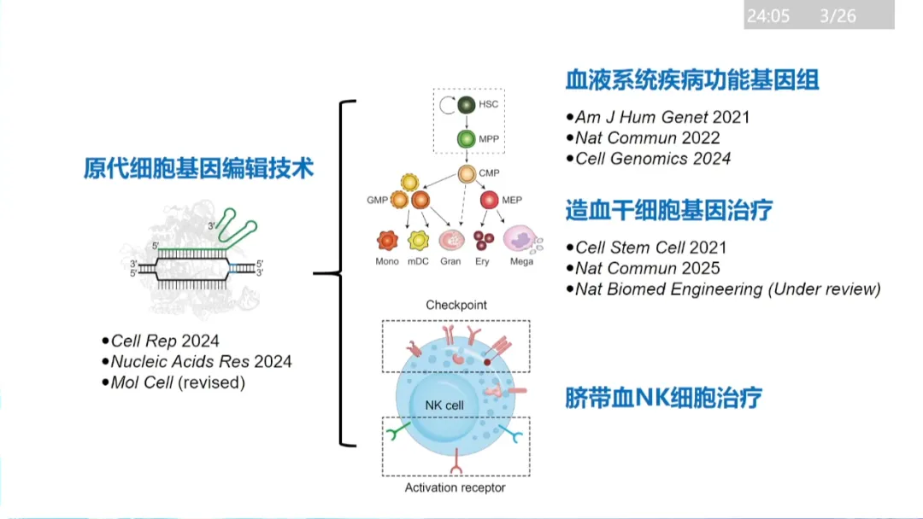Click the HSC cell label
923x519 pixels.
[488, 104]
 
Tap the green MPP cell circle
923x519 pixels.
[466, 138]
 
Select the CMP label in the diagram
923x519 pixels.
[489, 173]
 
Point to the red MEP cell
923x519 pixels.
[489, 201]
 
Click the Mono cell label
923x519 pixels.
[387, 261]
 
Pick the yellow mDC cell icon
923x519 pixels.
[418, 240]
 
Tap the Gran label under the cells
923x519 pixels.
[450, 261]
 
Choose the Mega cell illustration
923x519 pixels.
[521, 239]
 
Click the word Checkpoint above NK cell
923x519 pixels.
[456, 305]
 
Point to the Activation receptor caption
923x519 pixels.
[455, 487]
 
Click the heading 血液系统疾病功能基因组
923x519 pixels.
[692, 81]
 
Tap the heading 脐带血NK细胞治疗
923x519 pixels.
[663, 398]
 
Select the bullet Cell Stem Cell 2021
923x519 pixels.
[650, 248]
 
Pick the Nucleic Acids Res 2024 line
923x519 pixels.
[201, 362]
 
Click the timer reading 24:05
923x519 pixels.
[767, 15]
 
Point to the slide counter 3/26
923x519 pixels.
[838, 15]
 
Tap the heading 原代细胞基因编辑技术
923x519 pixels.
[199, 168]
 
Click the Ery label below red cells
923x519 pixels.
[483, 261]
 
